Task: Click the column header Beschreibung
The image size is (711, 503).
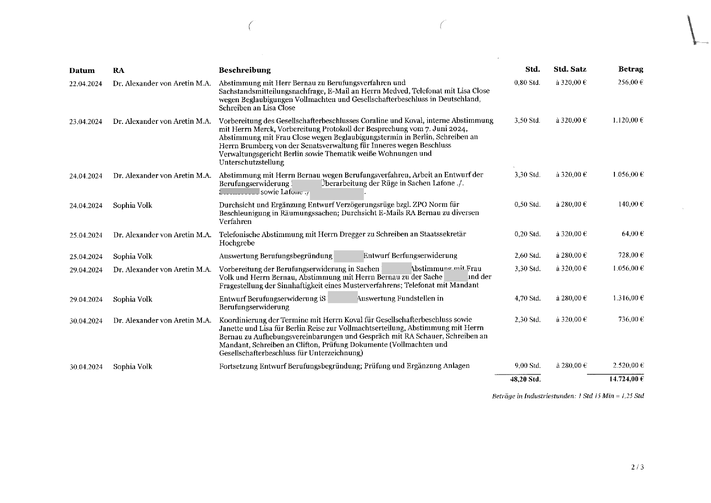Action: pos(245,70)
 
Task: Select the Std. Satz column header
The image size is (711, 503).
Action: pos(570,69)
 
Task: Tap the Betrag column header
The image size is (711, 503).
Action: pos(630,69)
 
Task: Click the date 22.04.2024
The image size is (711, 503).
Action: pos(85,84)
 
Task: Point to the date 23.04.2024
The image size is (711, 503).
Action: pos(85,122)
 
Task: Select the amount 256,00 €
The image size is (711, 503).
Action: pos(630,82)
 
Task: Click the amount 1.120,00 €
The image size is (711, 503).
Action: pos(628,120)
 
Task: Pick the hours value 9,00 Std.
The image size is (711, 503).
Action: pos(528,366)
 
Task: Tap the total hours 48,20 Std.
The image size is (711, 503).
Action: pos(525,379)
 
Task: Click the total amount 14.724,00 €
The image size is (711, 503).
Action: pos(626,379)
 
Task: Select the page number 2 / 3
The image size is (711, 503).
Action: pos(637,467)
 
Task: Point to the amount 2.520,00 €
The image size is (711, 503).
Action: pos(628,365)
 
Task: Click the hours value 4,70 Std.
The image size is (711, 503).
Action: pos(528,299)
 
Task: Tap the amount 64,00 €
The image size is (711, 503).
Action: pos(633,234)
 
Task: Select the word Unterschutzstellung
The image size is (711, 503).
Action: pos(251,162)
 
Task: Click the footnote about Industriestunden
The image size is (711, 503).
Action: pos(568,396)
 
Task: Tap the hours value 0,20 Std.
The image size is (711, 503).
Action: pos(528,234)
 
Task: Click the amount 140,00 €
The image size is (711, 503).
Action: pos(631,204)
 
